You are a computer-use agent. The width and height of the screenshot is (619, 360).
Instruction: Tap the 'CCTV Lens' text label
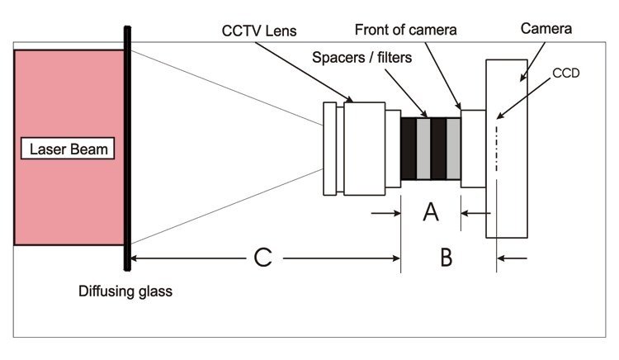(x=258, y=31)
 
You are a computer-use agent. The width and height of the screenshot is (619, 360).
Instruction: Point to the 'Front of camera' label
(x=405, y=31)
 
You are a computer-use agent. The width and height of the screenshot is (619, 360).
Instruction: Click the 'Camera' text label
(x=546, y=31)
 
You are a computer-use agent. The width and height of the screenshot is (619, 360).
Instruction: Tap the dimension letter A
(x=430, y=213)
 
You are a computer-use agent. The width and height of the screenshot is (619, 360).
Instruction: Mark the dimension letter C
(x=262, y=258)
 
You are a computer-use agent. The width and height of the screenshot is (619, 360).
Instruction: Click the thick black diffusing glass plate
(x=126, y=149)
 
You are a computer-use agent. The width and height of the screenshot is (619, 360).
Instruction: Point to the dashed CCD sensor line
(x=496, y=149)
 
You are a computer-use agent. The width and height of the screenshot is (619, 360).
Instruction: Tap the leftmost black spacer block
(x=408, y=149)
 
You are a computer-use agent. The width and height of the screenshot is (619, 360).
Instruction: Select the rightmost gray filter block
(x=453, y=149)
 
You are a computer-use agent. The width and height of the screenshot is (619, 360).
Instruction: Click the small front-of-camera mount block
(x=473, y=149)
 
